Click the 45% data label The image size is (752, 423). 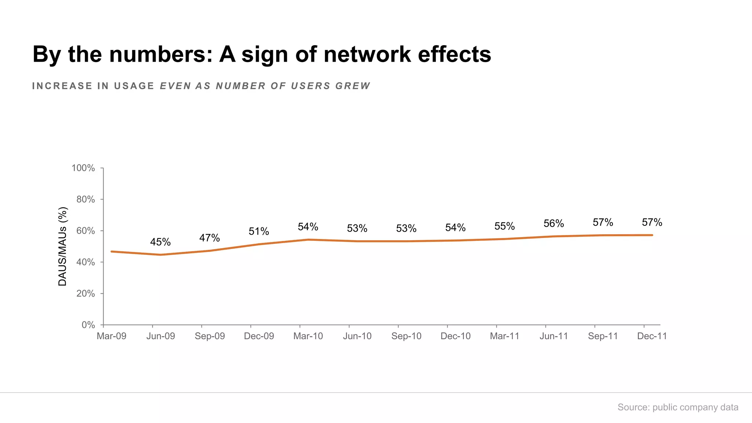click(160, 242)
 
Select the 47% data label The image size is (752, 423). click(209, 238)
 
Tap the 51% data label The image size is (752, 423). click(258, 231)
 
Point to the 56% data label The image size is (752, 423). click(553, 223)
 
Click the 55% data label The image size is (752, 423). click(504, 226)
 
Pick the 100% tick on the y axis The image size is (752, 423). click(83, 168)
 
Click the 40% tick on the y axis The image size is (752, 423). click(85, 262)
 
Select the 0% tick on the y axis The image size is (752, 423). click(88, 325)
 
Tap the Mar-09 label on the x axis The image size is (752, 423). click(111, 336)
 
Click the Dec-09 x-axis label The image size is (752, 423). click(259, 336)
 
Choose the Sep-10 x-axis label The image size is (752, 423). click(406, 336)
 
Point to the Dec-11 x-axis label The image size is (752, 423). click(652, 336)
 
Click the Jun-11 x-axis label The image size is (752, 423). click(553, 336)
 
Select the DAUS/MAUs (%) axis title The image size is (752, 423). click(63, 246)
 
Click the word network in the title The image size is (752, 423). click(367, 54)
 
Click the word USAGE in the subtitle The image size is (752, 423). click(134, 86)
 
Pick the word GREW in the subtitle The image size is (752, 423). click(352, 86)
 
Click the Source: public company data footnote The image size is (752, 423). click(677, 407)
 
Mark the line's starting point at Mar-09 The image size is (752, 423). click(111, 252)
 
